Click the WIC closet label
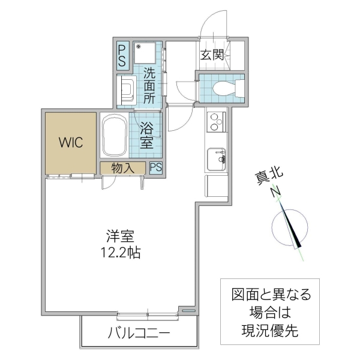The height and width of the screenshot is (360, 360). [x=71, y=143]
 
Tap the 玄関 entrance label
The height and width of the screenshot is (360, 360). [x=212, y=55]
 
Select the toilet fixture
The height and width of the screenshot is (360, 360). [x=223, y=89]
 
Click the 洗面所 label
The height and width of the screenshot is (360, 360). [x=149, y=86]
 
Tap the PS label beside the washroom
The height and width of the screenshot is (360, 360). [x=122, y=55]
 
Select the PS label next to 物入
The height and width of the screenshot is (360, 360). [x=155, y=167]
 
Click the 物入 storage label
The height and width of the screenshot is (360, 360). [x=122, y=168]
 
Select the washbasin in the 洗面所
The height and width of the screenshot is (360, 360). [x=127, y=90]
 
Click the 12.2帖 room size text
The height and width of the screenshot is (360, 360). [x=121, y=253]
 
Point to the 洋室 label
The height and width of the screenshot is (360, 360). [x=121, y=236]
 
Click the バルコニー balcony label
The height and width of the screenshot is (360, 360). [x=139, y=334]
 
